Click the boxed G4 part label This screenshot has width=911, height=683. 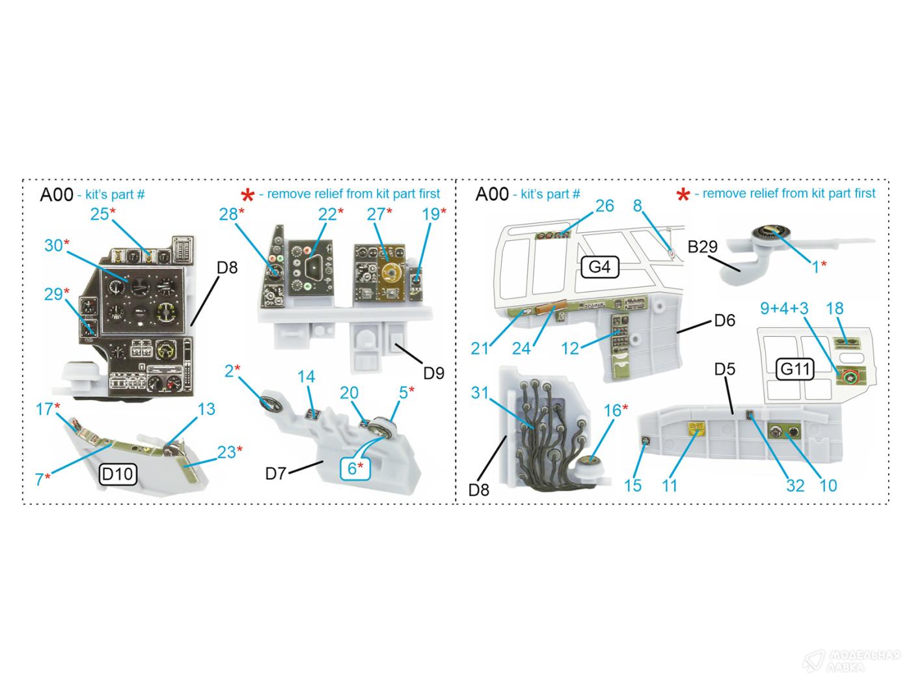599,267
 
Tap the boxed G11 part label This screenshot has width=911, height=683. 795,369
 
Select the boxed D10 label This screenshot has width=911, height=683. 118,474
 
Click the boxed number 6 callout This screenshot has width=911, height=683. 355,468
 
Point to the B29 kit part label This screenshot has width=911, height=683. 703,247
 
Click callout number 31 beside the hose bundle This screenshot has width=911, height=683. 480,393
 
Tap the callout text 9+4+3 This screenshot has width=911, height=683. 784,308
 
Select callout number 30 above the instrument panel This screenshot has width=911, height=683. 54,245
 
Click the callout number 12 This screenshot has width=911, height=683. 570,349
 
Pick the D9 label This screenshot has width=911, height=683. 434,373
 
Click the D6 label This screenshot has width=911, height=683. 725,320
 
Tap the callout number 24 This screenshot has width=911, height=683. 521,349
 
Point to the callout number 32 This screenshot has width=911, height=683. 795,486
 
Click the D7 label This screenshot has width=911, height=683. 276,474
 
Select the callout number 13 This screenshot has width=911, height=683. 206,409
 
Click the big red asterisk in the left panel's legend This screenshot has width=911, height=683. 247,195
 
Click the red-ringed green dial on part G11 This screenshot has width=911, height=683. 849,377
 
